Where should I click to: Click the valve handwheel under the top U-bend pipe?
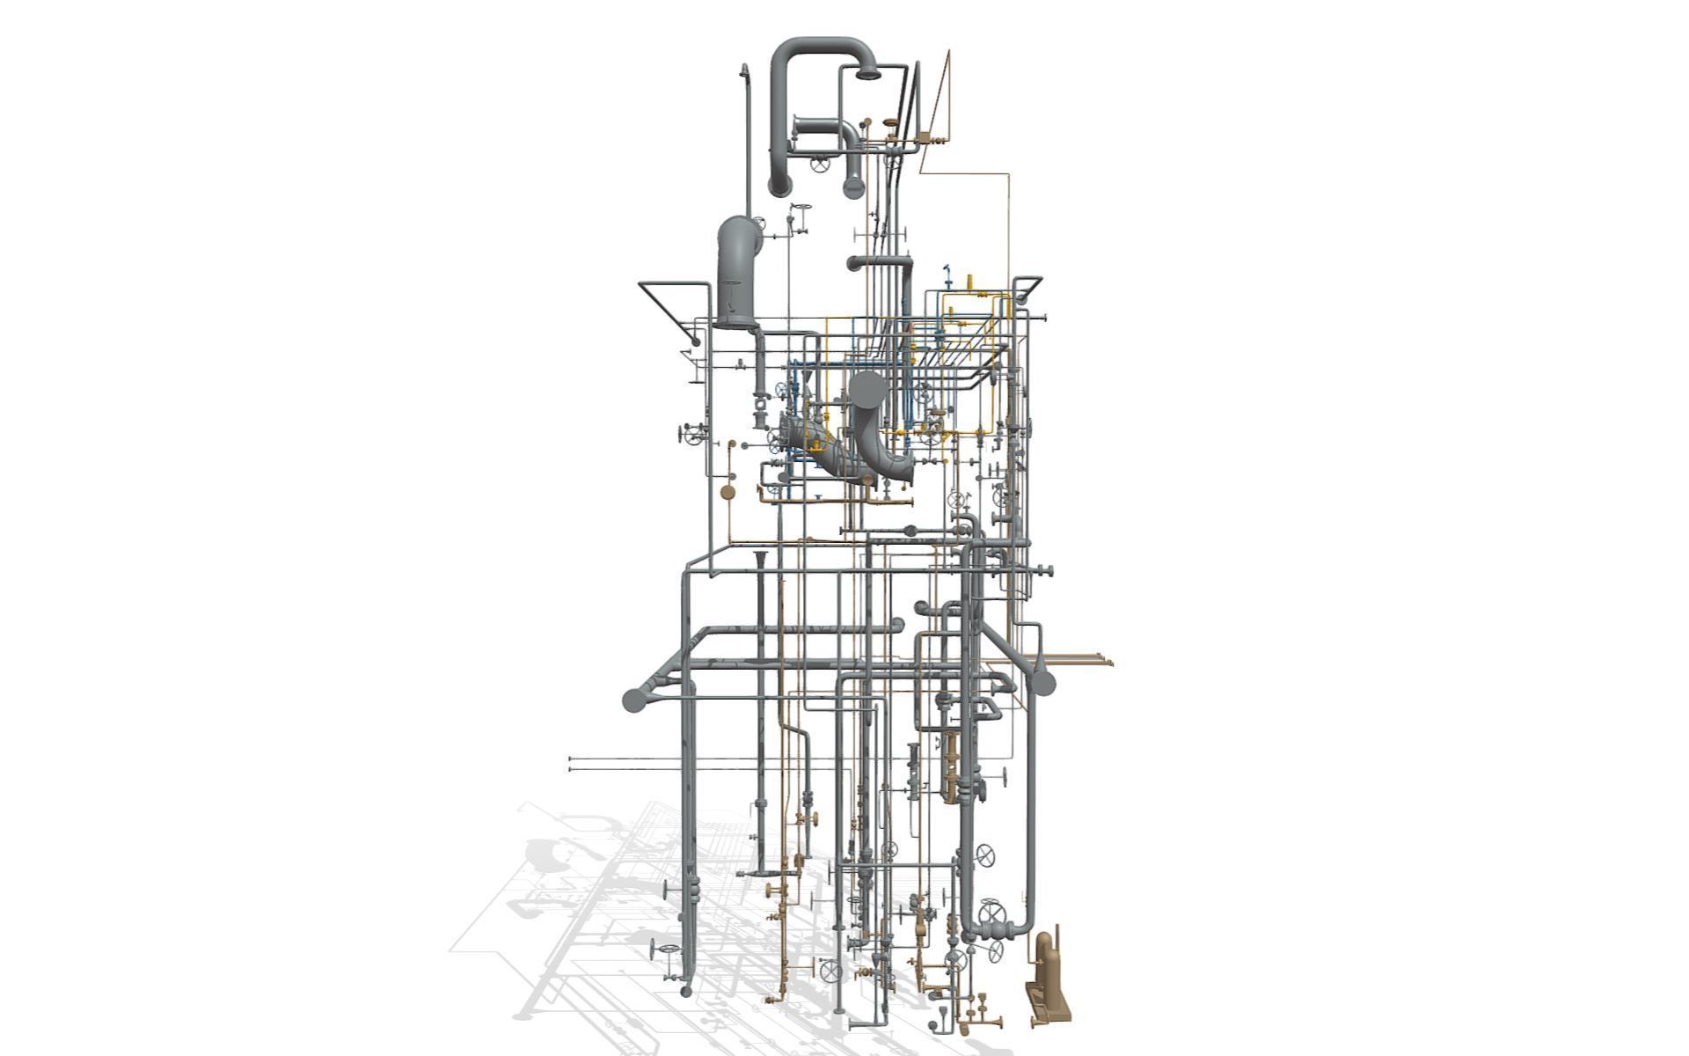(x=820, y=165)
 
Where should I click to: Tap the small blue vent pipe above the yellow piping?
(x=947, y=270)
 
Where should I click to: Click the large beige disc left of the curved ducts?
(x=728, y=491)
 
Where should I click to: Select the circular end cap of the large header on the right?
(x=1042, y=683)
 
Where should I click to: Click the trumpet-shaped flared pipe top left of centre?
(x=760, y=558)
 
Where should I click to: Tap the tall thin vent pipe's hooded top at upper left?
(x=744, y=70)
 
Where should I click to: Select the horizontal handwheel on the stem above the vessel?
(x=185, y=207)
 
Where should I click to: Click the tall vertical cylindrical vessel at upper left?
(x=735, y=273)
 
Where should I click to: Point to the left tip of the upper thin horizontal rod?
(x=571, y=758)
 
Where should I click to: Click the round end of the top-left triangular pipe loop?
(x=695, y=339)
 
